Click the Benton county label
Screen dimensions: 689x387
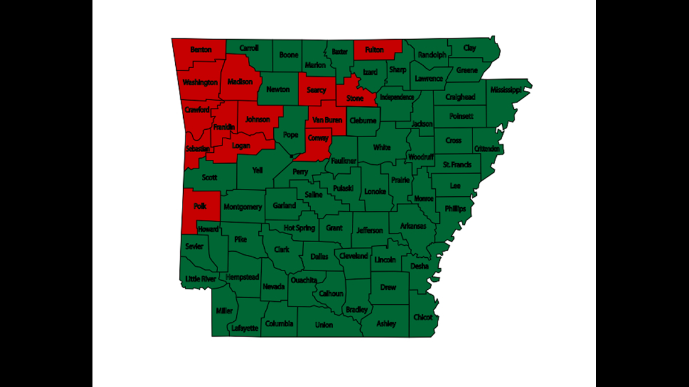click(x=200, y=50)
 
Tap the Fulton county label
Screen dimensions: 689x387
click(x=374, y=50)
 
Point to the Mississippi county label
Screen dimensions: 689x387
click(x=505, y=90)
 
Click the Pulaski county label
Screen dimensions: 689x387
click(x=344, y=189)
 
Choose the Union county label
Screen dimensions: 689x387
click(x=324, y=325)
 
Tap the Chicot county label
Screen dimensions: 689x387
click(x=422, y=317)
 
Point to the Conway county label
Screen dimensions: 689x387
click(x=319, y=138)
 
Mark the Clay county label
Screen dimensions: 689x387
click(x=470, y=48)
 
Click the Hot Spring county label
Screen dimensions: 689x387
click(x=299, y=228)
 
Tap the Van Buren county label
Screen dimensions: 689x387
click(x=328, y=120)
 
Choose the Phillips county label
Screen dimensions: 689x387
click(x=455, y=209)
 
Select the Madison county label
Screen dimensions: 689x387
click(x=241, y=82)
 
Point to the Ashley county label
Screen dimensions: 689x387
click(x=386, y=324)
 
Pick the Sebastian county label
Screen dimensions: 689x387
click(x=198, y=149)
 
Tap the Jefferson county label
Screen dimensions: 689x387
click(x=369, y=230)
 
